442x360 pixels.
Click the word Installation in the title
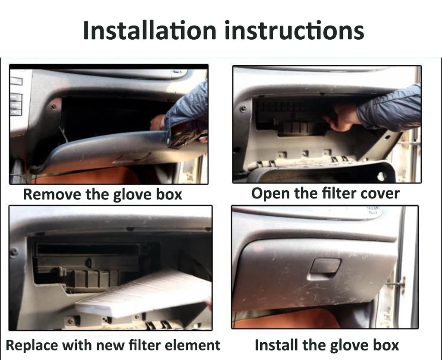click(x=149, y=30)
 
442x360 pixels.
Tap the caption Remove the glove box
click(x=102, y=194)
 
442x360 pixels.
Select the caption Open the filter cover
click(x=325, y=193)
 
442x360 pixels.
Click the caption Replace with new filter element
click(x=113, y=345)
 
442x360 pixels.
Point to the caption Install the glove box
click(x=327, y=345)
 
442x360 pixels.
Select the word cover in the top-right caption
click(x=378, y=193)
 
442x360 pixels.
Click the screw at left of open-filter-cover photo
click(x=243, y=108)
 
